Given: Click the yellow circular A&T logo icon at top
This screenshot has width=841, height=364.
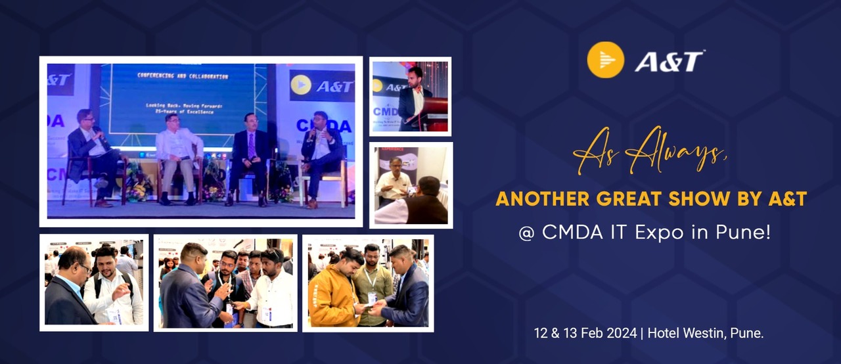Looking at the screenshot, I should click(x=605, y=60).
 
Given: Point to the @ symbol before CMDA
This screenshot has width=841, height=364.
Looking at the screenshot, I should click(x=526, y=233).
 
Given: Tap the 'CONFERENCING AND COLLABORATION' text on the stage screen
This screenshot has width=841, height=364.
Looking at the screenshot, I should click(x=183, y=76).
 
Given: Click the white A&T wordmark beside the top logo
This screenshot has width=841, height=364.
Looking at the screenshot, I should click(x=670, y=61).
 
